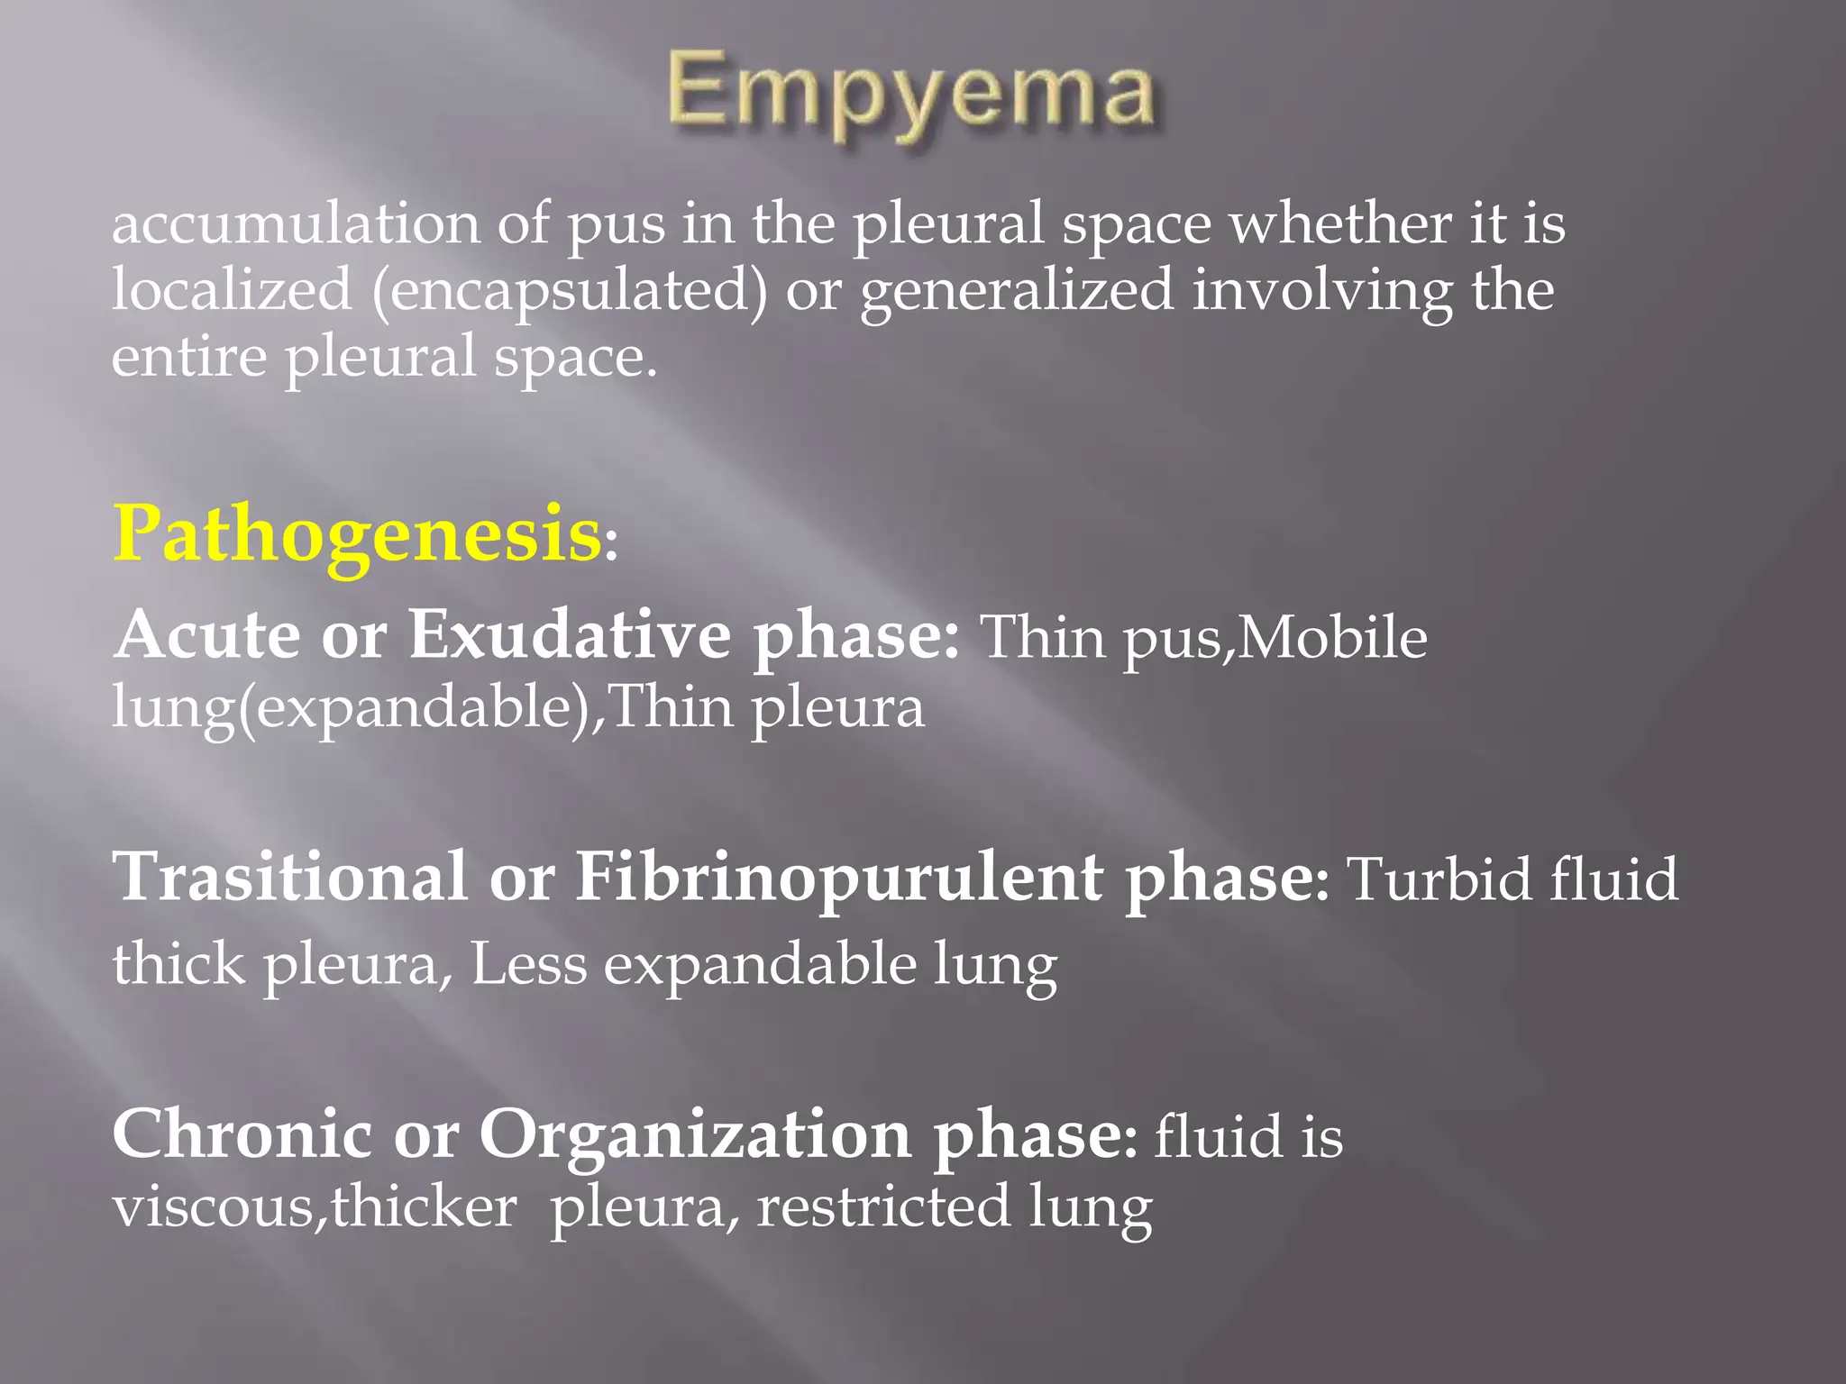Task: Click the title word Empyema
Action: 910,96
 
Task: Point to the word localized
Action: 232,290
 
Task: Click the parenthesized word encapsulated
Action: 570,292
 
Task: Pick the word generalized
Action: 1017,292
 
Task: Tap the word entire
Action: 188,356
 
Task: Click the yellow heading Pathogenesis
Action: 357,533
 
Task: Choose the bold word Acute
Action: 206,634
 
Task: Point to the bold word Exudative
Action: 570,634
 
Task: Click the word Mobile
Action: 1332,638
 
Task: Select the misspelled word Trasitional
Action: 289,876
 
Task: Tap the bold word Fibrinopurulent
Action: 838,878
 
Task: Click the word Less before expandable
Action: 528,964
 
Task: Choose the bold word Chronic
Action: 242,1134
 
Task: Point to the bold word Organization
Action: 694,1135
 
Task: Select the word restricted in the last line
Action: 882,1206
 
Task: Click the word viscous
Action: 213,1206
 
